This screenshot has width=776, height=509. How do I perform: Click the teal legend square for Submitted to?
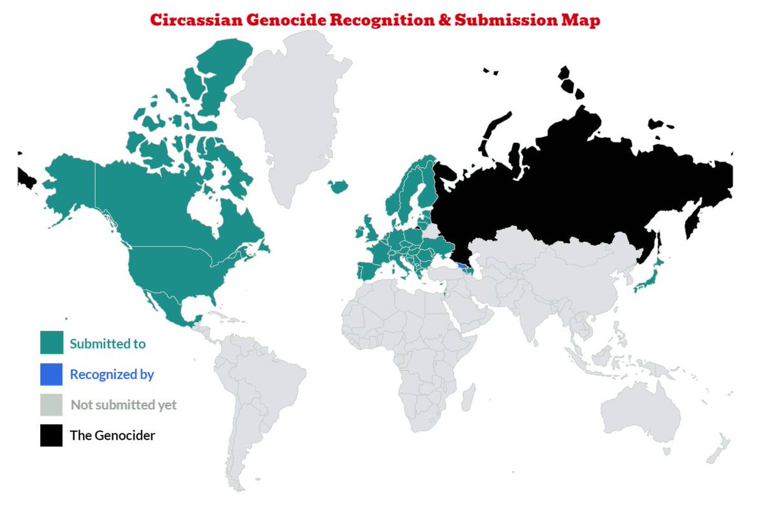52,343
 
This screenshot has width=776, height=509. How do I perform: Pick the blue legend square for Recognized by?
52,374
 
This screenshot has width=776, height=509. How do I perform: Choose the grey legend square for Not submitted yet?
52,405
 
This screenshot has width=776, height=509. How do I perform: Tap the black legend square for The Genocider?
52,435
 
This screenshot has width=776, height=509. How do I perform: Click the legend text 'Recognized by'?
112,374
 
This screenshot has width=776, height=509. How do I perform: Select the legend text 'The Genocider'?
113,435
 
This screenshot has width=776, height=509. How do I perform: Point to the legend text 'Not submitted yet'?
124,406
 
